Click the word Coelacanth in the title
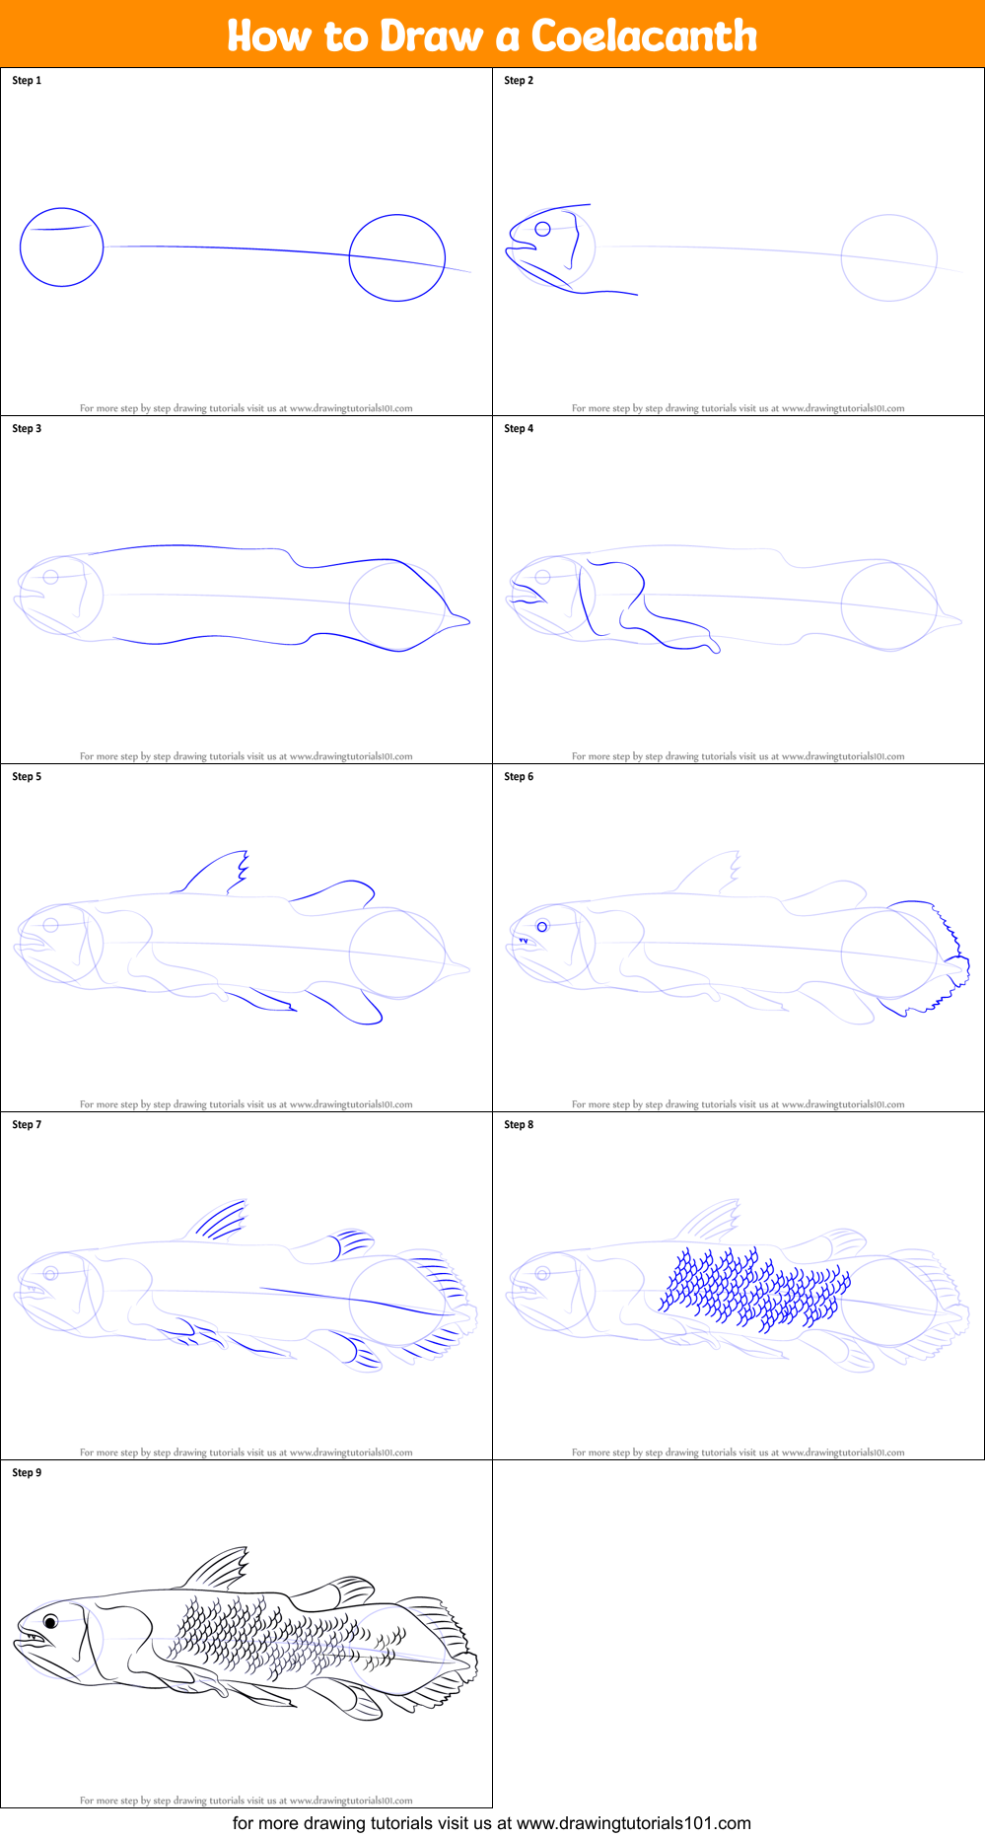point(644,36)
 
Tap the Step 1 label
point(27,80)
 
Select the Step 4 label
point(519,428)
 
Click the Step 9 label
point(27,1472)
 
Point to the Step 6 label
point(519,776)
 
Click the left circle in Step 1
point(61,247)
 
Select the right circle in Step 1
point(397,257)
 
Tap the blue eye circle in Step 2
point(542,229)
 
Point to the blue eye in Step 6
point(541,927)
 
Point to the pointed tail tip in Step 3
point(463,620)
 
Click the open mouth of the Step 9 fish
point(32,1639)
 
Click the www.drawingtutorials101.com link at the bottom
point(633,1823)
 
